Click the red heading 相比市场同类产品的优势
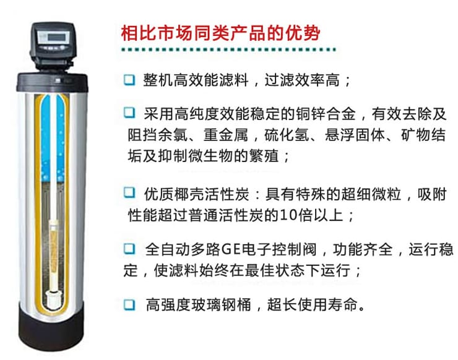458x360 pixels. tap(220, 33)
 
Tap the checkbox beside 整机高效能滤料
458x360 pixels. tap(129, 80)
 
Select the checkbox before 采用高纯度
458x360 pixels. tap(129, 113)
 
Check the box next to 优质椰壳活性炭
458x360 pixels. tap(129, 193)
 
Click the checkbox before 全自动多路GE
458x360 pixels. tap(129, 249)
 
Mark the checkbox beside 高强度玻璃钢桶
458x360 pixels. tap(129, 304)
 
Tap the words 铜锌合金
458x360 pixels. tap(326, 114)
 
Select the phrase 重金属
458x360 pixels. tap(225, 135)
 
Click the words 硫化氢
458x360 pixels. tap(287, 135)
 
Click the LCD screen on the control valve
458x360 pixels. tap(57, 36)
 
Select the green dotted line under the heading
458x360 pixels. tap(229, 49)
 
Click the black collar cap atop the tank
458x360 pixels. tap(52, 82)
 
